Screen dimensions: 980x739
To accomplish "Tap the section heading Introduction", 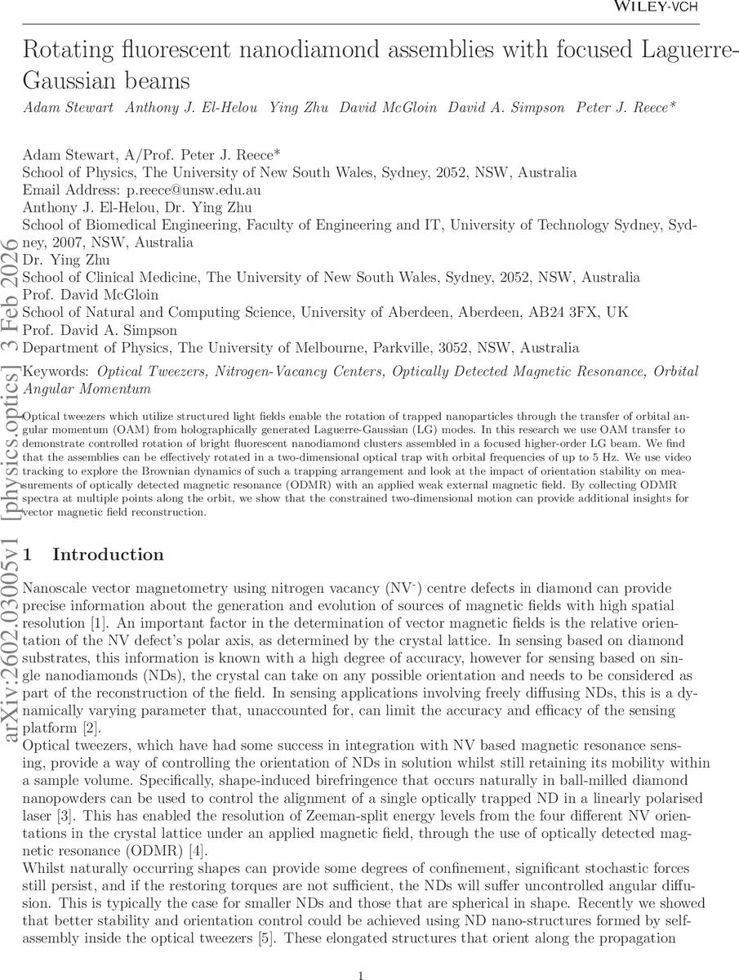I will (108, 555).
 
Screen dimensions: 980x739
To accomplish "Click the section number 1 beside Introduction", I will (28, 555).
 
